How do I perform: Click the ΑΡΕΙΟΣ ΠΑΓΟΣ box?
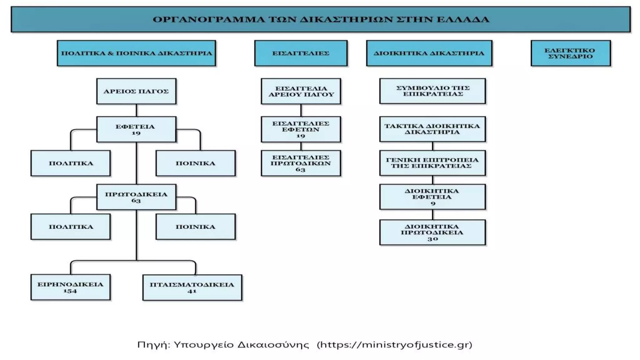click(136, 91)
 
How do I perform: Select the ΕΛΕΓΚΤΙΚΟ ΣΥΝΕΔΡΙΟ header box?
click(571, 53)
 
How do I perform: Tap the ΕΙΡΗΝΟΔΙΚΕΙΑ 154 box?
click(71, 287)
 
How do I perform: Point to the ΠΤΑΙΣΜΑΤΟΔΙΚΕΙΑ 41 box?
click(192, 287)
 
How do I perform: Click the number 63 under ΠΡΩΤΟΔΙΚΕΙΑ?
click(136, 201)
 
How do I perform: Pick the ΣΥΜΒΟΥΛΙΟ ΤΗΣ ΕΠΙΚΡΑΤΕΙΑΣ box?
click(432, 91)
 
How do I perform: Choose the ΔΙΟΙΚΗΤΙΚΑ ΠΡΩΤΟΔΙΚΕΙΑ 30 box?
click(432, 232)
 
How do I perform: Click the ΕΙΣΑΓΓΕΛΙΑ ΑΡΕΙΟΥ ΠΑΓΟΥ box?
click(301, 91)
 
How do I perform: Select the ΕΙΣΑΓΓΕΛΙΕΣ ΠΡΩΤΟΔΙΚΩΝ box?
click(301, 163)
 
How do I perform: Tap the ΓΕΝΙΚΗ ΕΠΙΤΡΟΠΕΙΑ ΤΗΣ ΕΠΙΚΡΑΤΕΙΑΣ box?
click(432, 163)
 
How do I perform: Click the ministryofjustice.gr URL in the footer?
click(394, 345)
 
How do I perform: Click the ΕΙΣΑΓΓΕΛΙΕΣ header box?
click(301, 53)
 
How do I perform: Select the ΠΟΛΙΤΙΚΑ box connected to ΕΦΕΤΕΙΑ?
click(71, 163)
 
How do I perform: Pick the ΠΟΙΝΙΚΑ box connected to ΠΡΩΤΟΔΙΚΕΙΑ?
click(196, 227)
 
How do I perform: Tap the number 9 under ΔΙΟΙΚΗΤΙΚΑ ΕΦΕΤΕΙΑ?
click(433, 203)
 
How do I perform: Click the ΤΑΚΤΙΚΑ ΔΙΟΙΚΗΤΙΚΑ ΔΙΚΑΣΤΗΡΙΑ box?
click(432, 129)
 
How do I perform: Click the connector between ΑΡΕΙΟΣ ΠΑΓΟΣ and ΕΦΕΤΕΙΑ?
click(137, 110)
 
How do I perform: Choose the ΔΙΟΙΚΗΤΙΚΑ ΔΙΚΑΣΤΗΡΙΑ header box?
click(429, 53)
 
